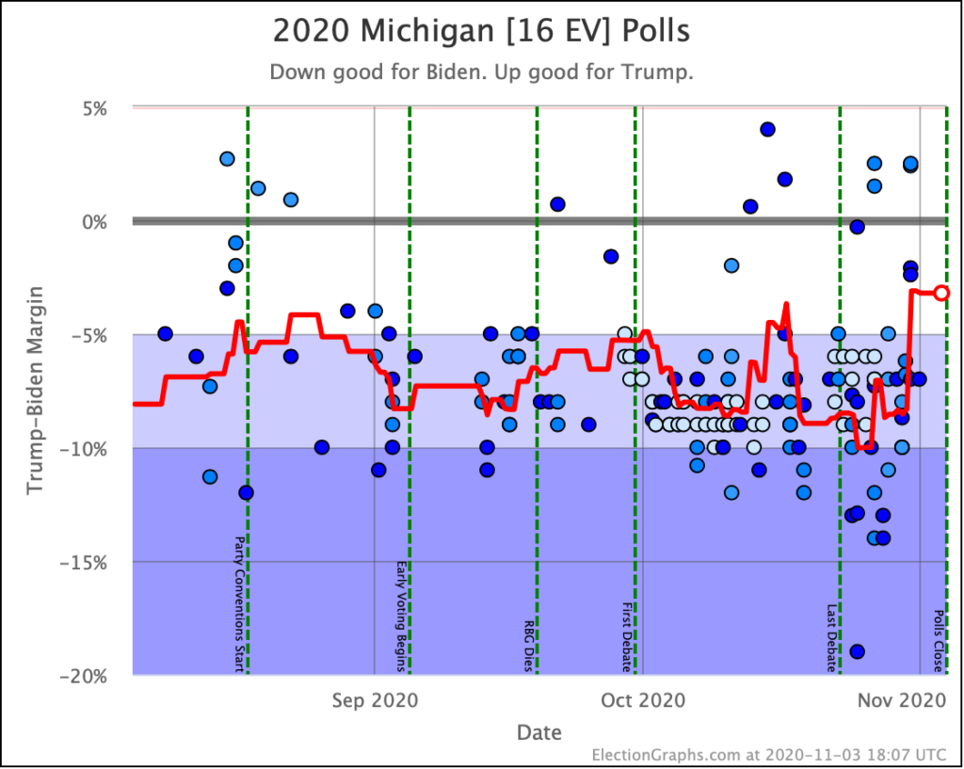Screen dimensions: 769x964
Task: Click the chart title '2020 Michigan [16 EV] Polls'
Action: point(481,31)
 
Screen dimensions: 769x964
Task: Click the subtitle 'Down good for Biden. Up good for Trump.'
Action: point(481,72)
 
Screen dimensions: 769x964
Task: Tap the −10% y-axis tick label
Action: point(90,449)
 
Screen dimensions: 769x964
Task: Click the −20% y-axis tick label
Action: point(90,676)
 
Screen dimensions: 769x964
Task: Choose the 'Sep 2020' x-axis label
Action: point(375,700)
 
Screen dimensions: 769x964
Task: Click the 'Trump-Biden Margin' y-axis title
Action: point(35,392)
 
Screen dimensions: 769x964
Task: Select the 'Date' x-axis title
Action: point(538,732)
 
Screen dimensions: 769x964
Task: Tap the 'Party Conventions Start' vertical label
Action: point(238,604)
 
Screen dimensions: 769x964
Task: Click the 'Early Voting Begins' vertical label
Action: point(400,617)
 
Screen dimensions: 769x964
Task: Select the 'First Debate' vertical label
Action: point(625,637)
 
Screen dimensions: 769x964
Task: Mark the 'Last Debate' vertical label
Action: point(831,637)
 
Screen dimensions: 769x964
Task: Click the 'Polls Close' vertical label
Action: point(938,640)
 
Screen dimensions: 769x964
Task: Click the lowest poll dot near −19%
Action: point(857,651)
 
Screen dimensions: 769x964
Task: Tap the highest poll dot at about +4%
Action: point(767,129)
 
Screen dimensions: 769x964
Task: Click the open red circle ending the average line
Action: point(941,293)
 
